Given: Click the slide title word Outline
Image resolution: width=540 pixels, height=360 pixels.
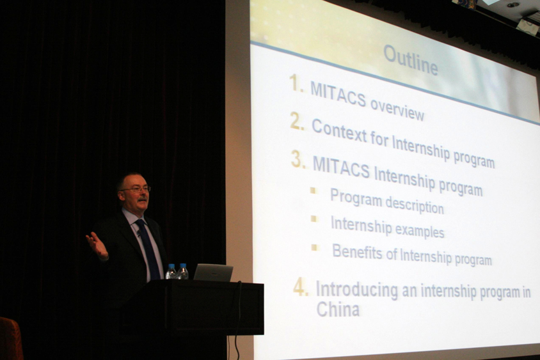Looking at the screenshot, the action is click(x=411, y=60).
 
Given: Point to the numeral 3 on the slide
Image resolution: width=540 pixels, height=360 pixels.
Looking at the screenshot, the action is click(x=298, y=159).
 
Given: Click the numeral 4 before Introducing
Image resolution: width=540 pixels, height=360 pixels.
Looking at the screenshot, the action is click(x=301, y=286).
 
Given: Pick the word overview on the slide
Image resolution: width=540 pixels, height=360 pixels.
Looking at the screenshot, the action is click(x=397, y=109).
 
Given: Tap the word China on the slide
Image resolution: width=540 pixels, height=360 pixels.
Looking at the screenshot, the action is click(x=338, y=309).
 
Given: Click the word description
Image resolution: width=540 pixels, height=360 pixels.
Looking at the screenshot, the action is click(x=415, y=205).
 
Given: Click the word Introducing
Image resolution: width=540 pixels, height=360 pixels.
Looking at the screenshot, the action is click(x=357, y=290).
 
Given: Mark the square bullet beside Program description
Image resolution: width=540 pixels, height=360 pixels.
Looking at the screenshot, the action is click(x=313, y=191).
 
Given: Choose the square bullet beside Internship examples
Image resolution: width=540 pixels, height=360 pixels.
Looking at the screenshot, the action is click(x=314, y=219).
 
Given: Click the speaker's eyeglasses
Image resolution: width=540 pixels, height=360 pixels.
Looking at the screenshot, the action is click(x=135, y=189).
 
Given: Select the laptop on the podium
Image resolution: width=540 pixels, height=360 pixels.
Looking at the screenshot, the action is click(x=213, y=272).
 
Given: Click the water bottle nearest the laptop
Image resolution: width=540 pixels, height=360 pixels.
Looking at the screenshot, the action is click(x=183, y=271).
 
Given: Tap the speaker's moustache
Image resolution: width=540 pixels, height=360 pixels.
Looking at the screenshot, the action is click(x=142, y=199).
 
